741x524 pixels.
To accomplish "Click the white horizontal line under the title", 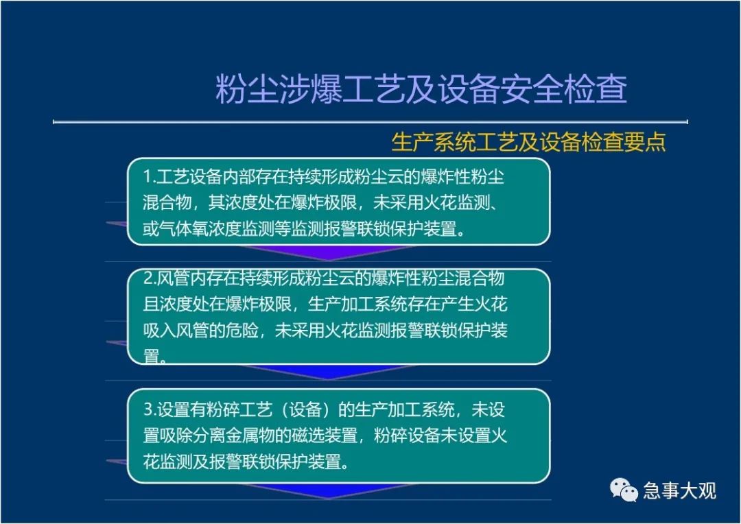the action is (x=370, y=122).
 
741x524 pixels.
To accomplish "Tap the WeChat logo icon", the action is (x=624, y=490).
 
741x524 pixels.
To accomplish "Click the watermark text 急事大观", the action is (x=679, y=490).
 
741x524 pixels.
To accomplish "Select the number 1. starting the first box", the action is (x=150, y=177).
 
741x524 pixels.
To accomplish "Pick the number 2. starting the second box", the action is (x=150, y=278).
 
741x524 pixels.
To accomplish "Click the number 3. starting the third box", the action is (x=150, y=409).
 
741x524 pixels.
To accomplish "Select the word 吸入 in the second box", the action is (x=159, y=331).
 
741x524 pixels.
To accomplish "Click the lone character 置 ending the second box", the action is (x=151, y=356).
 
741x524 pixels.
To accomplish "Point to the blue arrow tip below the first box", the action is (x=329, y=259).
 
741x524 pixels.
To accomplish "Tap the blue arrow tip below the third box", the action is (x=329, y=497).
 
